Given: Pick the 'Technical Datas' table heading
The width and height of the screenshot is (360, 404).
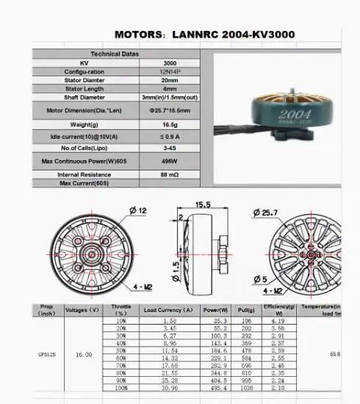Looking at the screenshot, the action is (113, 54).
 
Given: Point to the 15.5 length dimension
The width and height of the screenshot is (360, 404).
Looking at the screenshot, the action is (204, 203).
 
